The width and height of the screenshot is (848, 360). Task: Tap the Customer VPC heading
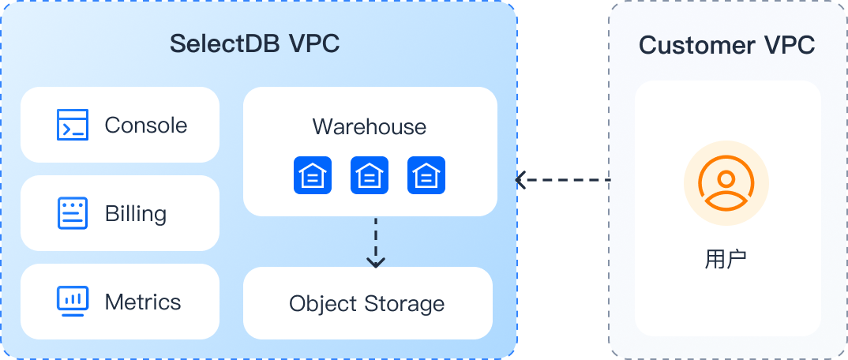(x=726, y=45)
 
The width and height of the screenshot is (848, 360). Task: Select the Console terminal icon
(x=73, y=125)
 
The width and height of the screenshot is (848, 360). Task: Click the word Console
(x=146, y=125)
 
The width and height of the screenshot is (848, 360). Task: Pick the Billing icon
(x=73, y=213)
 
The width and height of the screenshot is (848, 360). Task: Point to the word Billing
(x=136, y=213)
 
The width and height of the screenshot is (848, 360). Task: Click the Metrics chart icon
(x=73, y=301)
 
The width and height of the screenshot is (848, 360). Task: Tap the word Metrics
(x=143, y=302)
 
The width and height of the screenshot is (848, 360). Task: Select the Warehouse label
(x=369, y=126)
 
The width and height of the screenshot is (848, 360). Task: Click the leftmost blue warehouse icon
(x=313, y=174)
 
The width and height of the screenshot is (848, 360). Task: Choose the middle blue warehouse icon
(x=370, y=174)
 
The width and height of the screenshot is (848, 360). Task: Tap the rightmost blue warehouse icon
(x=426, y=174)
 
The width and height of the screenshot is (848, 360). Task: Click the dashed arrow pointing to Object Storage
(x=376, y=241)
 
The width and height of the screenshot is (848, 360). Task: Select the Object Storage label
(x=366, y=303)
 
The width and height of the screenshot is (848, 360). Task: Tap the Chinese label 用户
(x=726, y=259)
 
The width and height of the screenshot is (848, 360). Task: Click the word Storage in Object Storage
(x=404, y=303)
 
